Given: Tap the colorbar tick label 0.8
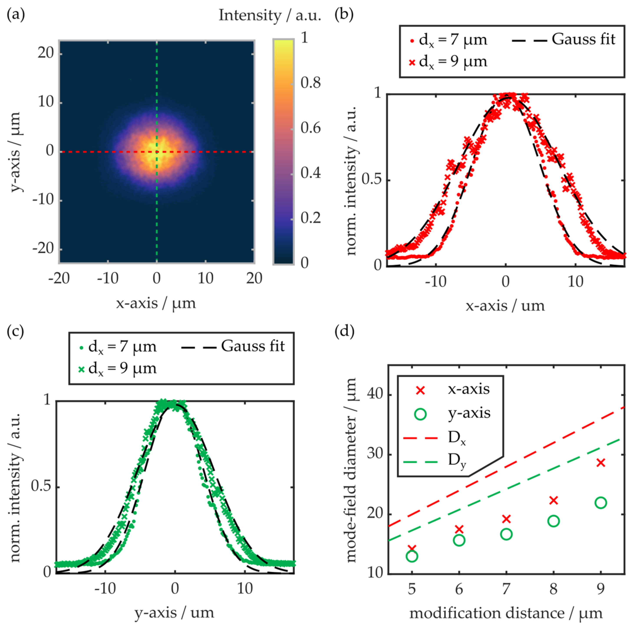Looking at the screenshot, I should [x=310, y=83].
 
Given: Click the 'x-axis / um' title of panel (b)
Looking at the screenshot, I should [x=505, y=306].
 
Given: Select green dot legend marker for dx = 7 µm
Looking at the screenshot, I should [x=81, y=347].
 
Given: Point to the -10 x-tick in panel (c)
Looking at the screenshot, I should [x=105, y=588].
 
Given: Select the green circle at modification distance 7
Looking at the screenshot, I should [x=506, y=535].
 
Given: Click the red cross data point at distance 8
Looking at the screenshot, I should [x=554, y=500].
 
